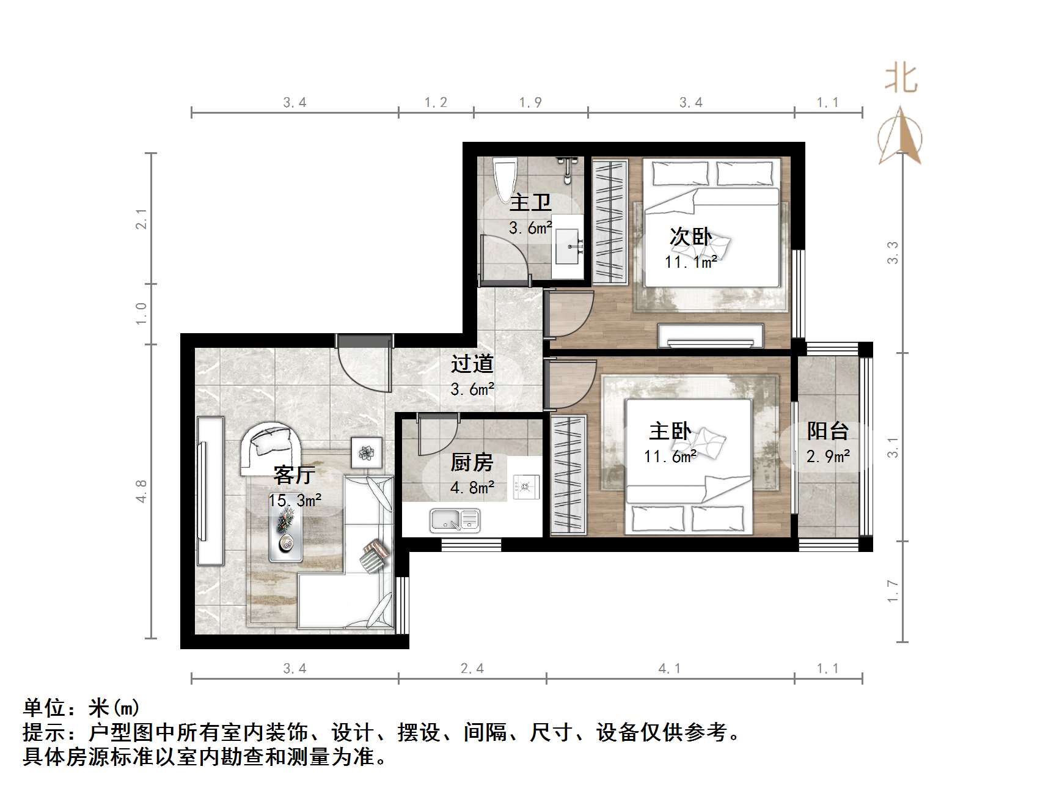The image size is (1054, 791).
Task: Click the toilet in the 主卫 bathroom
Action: (505, 177)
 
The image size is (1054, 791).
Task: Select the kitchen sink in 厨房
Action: (455, 520)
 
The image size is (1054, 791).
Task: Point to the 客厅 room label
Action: (295, 475)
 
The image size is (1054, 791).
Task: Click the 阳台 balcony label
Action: (828, 432)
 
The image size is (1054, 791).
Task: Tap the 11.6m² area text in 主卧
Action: (670, 456)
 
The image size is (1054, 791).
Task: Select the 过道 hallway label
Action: (472, 364)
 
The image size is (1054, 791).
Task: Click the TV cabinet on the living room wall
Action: (210, 491)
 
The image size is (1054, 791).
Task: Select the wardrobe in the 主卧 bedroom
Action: (568, 474)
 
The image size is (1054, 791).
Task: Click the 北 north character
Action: (901, 80)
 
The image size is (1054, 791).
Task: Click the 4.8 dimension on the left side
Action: (141, 491)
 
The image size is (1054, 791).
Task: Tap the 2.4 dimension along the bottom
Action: (472, 669)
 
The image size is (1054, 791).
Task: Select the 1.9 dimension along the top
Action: (530, 103)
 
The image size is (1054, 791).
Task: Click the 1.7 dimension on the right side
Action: (893, 591)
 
